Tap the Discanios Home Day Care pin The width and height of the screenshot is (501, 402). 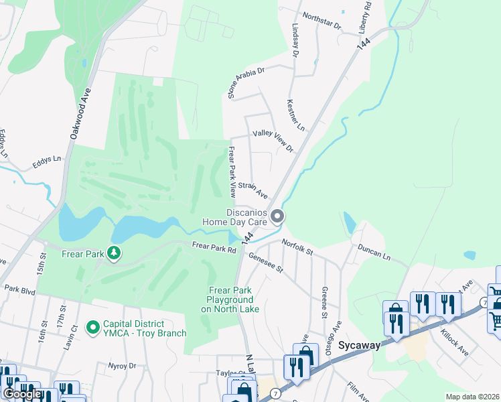coord(277,216)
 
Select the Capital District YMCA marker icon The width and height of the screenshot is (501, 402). coord(93,328)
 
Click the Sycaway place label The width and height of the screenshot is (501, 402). coord(359,346)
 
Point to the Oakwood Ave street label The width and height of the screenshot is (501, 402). coord(80,116)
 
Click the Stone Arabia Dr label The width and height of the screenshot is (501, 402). coord(246,82)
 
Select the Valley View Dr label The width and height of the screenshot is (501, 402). coord(273,141)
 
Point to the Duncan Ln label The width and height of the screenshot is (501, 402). coord(373,251)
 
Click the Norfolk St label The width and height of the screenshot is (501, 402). coord(297,246)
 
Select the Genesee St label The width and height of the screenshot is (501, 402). coord(266,263)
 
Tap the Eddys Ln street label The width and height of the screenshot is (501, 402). coord(47,161)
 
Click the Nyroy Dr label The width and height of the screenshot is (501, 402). coord(122,366)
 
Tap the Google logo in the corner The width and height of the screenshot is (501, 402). coord(22,393)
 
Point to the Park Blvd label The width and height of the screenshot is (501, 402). coord(19,289)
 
